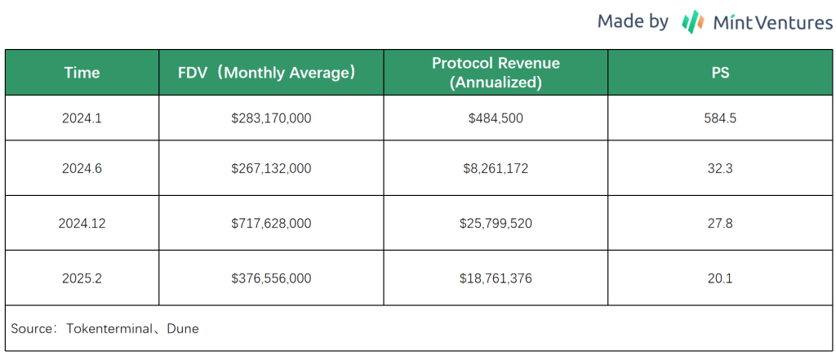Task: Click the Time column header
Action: pyautogui.click(x=82, y=73)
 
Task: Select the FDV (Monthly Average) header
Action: pyautogui.click(x=268, y=73)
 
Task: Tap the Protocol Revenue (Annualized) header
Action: pyautogui.click(x=496, y=73)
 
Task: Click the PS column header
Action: pyautogui.click(x=720, y=73)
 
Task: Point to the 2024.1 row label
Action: pyautogui.click(x=82, y=118)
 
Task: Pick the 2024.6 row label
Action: pyautogui.click(x=82, y=168)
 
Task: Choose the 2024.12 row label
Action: pyautogui.click(x=82, y=223)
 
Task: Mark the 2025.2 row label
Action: pyautogui.click(x=82, y=278)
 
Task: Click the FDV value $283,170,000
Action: pyautogui.click(x=271, y=118)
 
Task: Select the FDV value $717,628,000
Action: pyautogui.click(x=271, y=223)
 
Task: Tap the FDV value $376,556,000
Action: pyautogui.click(x=271, y=278)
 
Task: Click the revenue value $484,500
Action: pyautogui.click(x=496, y=118)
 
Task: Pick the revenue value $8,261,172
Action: pyautogui.click(x=496, y=168)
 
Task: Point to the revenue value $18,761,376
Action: pyautogui.click(x=496, y=278)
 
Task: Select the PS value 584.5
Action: pyautogui.click(x=720, y=118)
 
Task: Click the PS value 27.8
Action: pyautogui.click(x=720, y=223)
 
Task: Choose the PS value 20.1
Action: pyautogui.click(x=720, y=278)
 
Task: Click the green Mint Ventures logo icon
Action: pyautogui.click(x=693, y=21)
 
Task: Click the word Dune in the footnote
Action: pyautogui.click(x=183, y=329)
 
